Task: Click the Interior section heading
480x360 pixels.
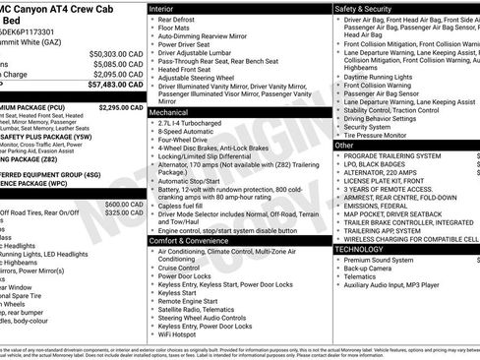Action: tap(168, 7)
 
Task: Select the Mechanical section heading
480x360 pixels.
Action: tap(176, 113)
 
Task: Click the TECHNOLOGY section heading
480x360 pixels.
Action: tap(369, 250)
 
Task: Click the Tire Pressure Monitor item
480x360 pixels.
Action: tap(384, 136)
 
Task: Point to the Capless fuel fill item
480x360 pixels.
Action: tap(185, 204)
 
